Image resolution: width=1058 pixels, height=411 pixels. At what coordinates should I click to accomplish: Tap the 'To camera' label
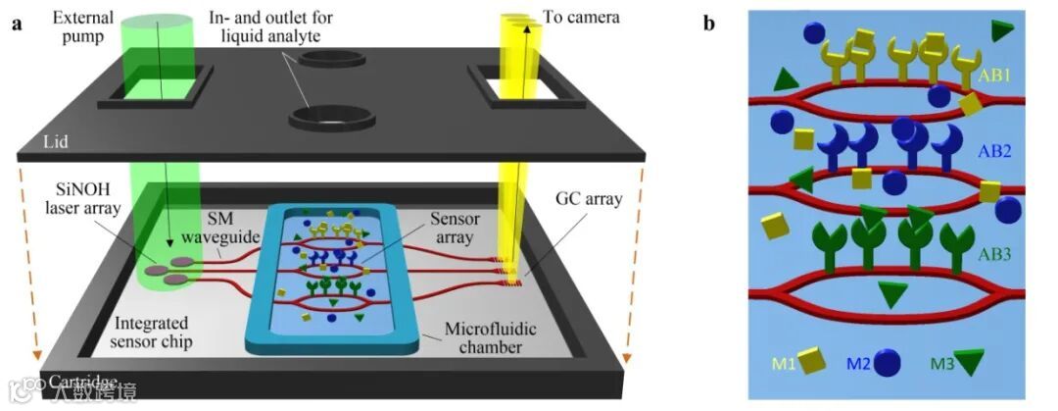point(584,17)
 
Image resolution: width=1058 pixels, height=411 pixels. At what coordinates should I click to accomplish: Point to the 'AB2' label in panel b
point(995,152)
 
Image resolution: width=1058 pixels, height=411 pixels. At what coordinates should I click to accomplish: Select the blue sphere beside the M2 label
point(888,363)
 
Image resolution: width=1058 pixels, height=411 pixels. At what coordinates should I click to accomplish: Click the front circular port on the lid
point(331,119)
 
